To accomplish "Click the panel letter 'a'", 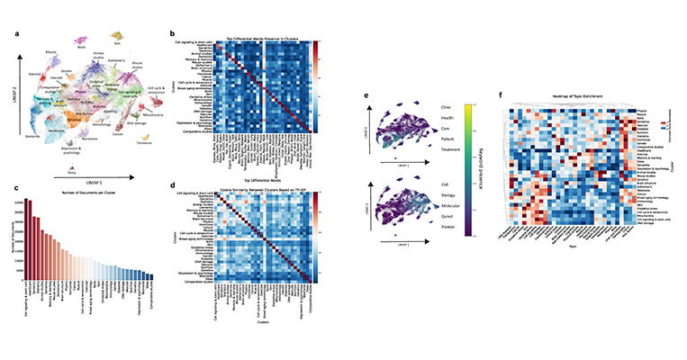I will [19, 33].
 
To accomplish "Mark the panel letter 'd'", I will [174, 185].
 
